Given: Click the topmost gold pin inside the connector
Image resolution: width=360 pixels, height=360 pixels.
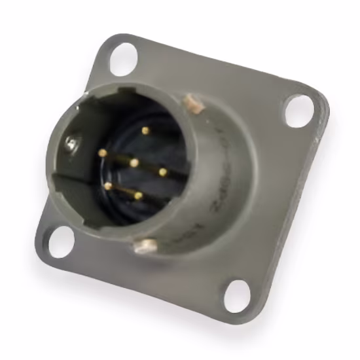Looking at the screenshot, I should pos(145,130).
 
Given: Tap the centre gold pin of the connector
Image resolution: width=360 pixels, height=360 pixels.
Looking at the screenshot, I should pos(134,162).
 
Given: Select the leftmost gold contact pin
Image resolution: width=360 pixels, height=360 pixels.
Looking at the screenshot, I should pos(102,153).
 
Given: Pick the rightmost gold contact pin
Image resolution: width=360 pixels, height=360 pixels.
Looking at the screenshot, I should pos(162,172).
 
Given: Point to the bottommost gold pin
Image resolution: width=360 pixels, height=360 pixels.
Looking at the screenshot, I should pos(138,194).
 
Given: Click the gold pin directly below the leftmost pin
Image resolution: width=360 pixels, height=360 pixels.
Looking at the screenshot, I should pos(108,186).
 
